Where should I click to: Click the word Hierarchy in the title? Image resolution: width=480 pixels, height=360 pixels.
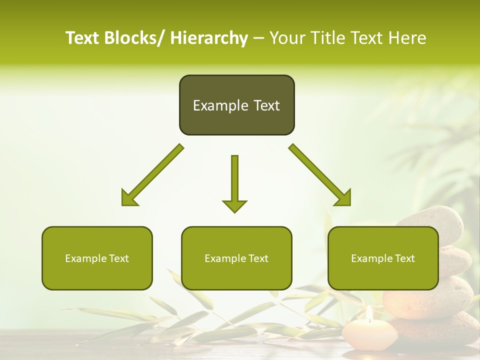209,38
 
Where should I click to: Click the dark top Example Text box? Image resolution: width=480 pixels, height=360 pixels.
236,105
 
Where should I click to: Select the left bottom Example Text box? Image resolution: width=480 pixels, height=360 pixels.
97,258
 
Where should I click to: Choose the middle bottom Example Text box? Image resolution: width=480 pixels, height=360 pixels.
236,258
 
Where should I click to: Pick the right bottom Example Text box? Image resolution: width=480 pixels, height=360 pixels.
383,258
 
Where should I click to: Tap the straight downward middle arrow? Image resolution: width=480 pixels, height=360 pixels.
234,182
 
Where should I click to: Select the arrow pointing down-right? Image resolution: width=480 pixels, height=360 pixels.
320,175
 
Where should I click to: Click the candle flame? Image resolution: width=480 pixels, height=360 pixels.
369,313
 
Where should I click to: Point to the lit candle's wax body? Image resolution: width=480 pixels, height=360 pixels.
369,332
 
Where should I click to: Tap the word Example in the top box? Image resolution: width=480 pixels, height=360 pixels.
220,105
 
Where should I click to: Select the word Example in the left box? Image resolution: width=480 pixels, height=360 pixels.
82,258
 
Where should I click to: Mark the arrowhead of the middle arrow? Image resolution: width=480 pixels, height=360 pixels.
234,205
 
